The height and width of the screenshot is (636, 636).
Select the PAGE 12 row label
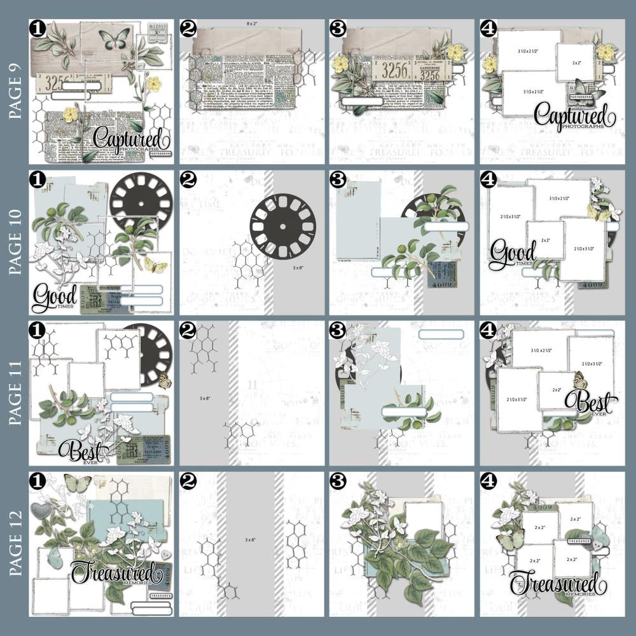click(x=14, y=544)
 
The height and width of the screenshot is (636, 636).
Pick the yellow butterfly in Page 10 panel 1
click(x=155, y=264)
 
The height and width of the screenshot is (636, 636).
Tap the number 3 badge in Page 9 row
click(x=338, y=28)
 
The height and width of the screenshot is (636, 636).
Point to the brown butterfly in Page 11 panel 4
click(x=579, y=380)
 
